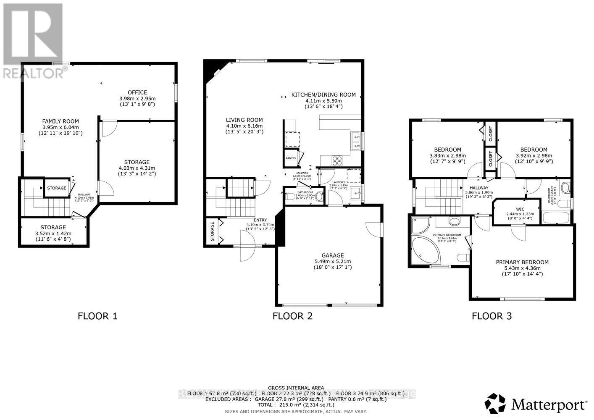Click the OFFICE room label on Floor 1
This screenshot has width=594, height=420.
pyautogui.click(x=137, y=92)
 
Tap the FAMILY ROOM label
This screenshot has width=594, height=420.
pyautogui.click(x=60, y=121)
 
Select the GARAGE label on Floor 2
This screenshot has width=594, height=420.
pyautogui.click(x=332, y=255)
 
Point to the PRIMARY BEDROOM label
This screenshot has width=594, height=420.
pyautogui.click(x=522, y=262)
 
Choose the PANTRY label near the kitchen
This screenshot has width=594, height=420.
pyautogui.click(x=291, y=158)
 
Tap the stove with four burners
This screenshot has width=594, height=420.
pyautogui.click(x=337, y=160)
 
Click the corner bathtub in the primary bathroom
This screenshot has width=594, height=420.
pyautogui.click(x=425, y=250)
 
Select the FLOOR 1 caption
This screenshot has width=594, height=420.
pyautogui.click(x=97, y=316)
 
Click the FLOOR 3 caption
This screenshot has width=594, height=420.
pyautogui.click(x=491, y=316)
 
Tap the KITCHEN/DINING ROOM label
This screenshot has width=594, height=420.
pyautogui.click(x=323, y=95)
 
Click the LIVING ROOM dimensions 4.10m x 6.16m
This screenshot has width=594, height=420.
pyautogui.click(x=244, y=126)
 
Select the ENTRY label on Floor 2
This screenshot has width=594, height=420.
pyautogui.click(x=260, y=220)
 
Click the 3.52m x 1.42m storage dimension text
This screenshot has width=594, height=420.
pyautogui.click(x=53, y=234)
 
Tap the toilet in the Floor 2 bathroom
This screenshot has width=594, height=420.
pyautogui.click(x=319, y=197)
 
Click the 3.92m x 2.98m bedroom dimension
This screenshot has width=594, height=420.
pyautogui.click(x=534, y=155)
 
